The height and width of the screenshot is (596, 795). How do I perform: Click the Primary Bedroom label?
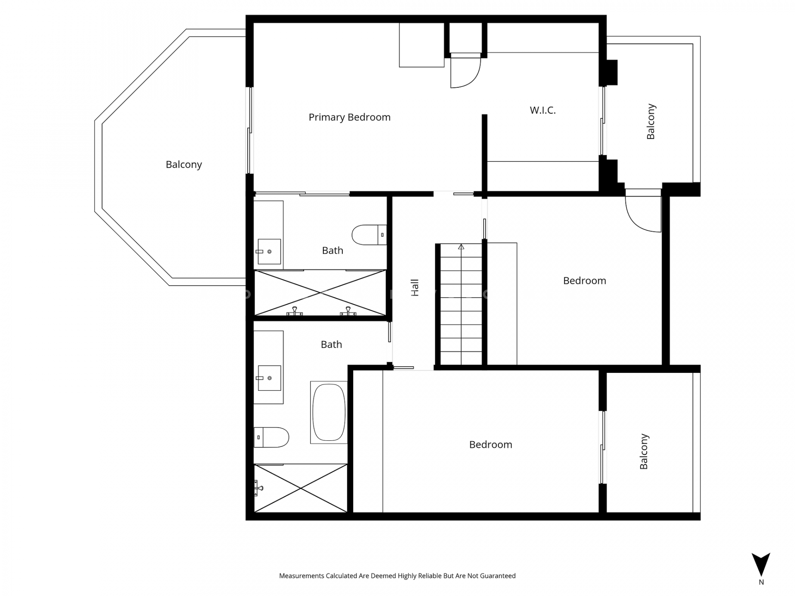349,118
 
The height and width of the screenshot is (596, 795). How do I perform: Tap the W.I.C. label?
542,110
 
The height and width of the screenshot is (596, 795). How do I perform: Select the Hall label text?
414,288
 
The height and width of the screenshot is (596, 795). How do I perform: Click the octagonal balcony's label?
184,165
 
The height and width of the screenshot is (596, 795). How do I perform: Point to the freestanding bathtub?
329,412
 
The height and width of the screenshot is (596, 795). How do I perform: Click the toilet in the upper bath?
369,235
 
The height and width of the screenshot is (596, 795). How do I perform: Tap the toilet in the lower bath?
271,437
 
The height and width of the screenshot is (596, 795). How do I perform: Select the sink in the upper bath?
269,251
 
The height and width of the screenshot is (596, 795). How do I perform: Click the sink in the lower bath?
269,378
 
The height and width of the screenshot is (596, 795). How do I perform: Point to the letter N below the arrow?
761,582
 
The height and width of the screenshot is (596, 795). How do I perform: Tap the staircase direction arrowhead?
461,247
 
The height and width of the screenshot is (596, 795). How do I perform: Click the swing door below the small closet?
465,71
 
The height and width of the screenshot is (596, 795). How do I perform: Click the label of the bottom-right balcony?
644,452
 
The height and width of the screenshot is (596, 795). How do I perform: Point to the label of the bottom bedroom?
491,445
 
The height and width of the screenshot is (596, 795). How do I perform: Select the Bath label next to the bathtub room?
331,344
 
